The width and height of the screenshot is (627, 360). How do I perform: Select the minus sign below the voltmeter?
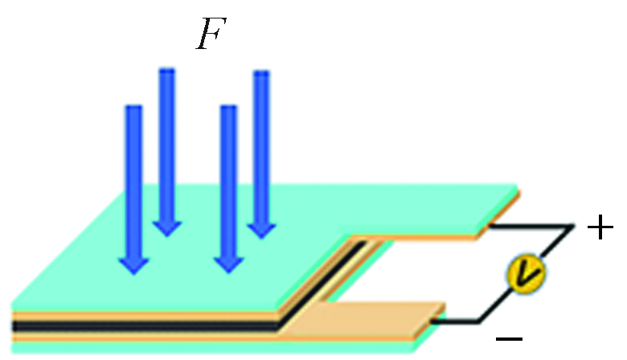coord(509,338)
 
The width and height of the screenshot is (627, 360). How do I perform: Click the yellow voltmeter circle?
coord(526,275)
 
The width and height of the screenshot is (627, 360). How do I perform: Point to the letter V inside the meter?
coord(526,275)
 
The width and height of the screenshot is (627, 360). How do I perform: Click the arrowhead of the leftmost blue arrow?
coord(133,264)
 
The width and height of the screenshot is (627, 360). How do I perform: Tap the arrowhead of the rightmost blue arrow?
coord(261,229)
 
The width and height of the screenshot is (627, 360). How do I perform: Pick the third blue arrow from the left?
coord(229,185)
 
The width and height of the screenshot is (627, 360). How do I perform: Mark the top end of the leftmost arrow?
coord(133,109)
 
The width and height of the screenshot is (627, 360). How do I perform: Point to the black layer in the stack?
coord(145,326)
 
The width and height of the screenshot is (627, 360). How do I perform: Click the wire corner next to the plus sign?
coord(572,227)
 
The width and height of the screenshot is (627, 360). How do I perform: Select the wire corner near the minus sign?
coord(479,321)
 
